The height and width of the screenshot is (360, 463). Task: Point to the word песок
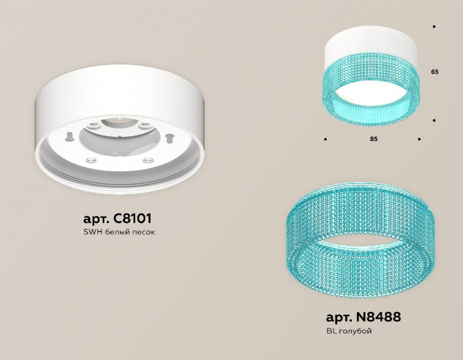click(144, 233)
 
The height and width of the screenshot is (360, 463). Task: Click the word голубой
click(355, 330)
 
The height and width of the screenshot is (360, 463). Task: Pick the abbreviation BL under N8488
click(331, 330)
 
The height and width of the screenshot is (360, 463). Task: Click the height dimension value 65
click(434, 72)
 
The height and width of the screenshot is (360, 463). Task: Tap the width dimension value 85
click(374, 139)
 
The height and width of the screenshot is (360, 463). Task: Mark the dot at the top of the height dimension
click(434, 26)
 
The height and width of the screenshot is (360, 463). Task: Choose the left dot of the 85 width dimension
click(326, 139)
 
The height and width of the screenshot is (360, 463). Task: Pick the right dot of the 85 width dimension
click(419, 139)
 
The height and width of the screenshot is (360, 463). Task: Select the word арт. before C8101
click(96, 220)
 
